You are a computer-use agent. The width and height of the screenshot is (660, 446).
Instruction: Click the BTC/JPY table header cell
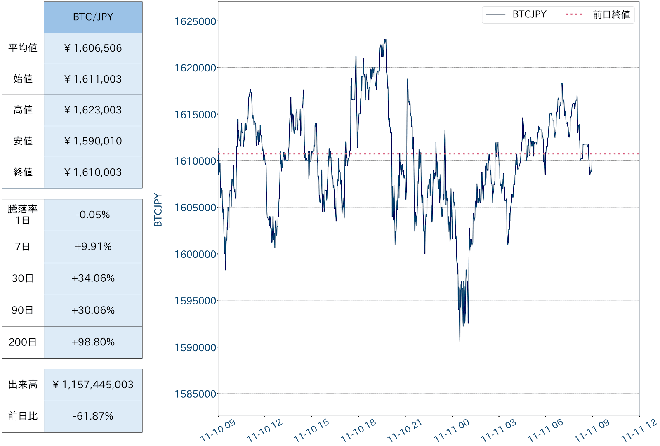coord(93,17)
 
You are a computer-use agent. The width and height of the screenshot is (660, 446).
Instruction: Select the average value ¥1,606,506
coord(93,48)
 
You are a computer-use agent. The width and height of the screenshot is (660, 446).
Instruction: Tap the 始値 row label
coord(23,79)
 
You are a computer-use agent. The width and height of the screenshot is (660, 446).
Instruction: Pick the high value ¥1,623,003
coord(93,110)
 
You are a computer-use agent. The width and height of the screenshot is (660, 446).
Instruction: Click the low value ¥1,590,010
coord(93,141)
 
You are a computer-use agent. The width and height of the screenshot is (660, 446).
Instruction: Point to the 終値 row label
coord(23,172)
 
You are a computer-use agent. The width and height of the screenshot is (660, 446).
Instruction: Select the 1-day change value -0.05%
coord(93,215)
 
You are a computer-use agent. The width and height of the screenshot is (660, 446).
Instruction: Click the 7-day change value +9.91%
coord(93,247)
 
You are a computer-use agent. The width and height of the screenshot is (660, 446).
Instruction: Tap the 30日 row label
coord(23,278)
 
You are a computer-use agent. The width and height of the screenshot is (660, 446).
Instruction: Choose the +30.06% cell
coord(93,310)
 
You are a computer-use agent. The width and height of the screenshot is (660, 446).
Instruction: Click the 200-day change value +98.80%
coord(93,342)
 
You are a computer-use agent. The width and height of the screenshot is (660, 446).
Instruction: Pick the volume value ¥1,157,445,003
coord(93,385)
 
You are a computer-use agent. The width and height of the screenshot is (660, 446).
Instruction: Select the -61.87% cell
coord(93,416)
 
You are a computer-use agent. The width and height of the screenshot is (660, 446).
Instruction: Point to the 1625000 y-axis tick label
coord(195,21)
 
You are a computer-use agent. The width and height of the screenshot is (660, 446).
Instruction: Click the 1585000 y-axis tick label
coord(195,394)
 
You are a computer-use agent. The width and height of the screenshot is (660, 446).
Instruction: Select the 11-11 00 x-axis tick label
coord(451,430)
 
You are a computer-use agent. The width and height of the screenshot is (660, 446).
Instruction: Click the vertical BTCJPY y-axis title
coord(158,210)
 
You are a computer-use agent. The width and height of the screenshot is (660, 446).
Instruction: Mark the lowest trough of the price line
coord(460,341)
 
